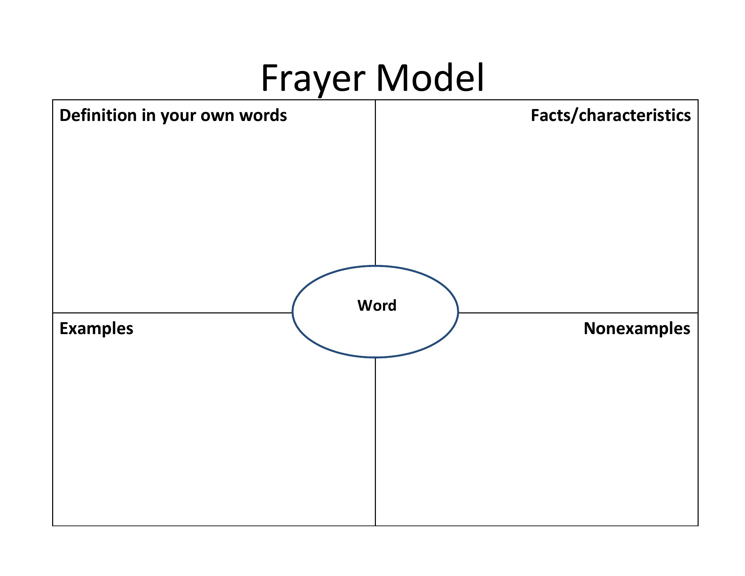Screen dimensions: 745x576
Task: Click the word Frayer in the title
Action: (x=313, y=79)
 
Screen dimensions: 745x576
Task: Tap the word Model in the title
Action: (x=430, y=78)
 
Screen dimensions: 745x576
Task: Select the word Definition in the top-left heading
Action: (x=98, y=115)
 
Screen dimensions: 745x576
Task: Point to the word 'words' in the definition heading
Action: (x=263, y=115)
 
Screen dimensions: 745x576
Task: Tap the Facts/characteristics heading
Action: (x=611, y=116)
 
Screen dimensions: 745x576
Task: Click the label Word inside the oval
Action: (x=377, y=305)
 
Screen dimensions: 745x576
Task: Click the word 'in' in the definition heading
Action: (x=148, y=115)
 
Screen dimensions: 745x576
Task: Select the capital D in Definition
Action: (x=65, y=115)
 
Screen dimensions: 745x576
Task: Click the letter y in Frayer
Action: (x=319, y=84)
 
